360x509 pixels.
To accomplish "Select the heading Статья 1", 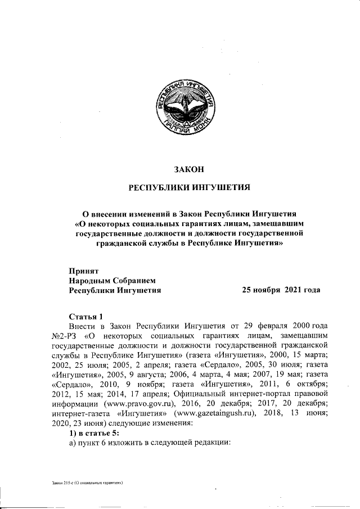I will [85, 316].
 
